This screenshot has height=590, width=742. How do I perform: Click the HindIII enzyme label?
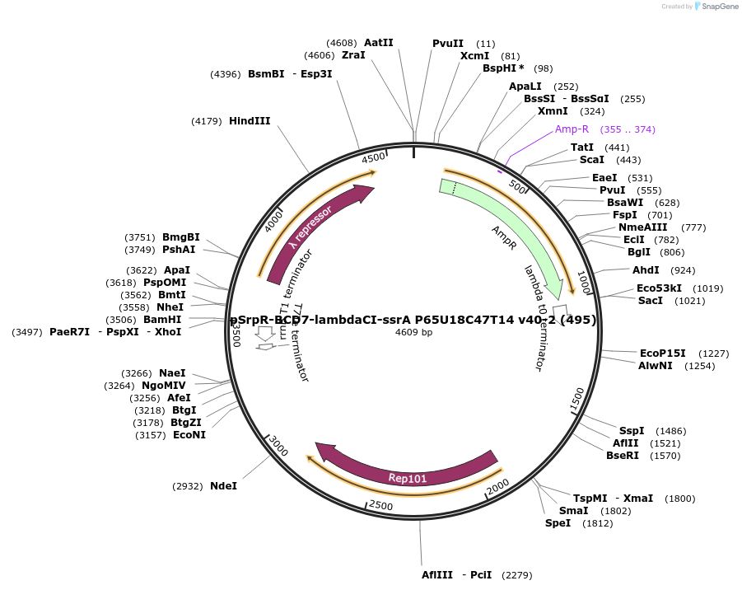tap(249, 121)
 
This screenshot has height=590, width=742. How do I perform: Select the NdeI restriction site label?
tap(223, 486)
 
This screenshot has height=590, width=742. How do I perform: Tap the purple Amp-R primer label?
tap(572, 129)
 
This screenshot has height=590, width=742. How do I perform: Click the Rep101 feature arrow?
tap(407, 477)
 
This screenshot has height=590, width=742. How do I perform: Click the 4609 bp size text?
tap(413, 332)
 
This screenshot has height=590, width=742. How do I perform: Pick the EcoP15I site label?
tap(662, 354)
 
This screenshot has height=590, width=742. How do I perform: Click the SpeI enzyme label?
tap(558, 523)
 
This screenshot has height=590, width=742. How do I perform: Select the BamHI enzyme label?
tap(162, 320)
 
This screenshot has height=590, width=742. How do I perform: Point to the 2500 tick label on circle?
tap(380, 504)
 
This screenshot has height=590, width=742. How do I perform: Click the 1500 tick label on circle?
tap(578, 400)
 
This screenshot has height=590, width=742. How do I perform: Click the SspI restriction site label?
tap(632, 431)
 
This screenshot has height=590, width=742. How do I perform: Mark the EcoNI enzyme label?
tap(189, 435)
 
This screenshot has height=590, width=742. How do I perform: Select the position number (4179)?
tap(207, 121)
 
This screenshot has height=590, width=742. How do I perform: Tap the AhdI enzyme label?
tap(646, 270)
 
